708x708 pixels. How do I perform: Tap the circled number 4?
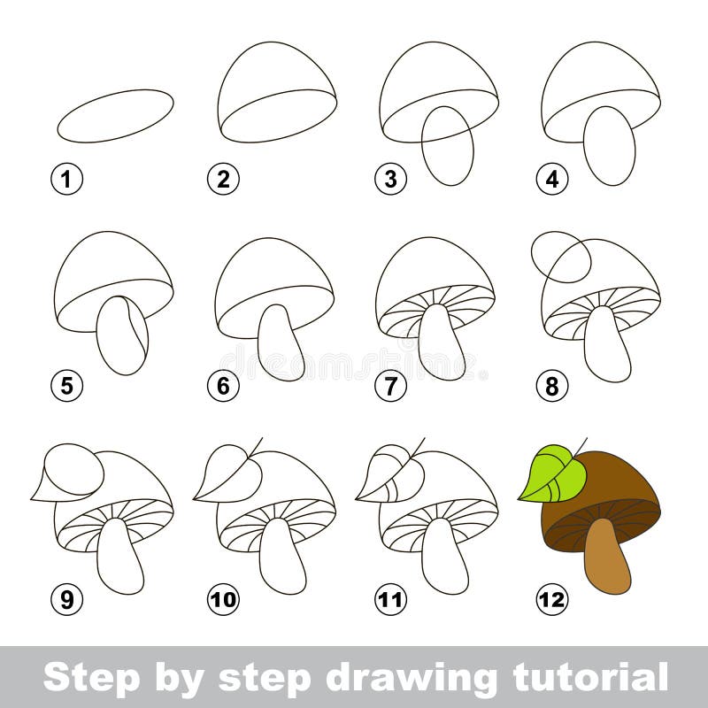(x=551, y=180)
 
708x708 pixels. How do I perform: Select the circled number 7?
(x=389, y=386)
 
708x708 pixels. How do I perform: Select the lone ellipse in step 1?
(x=115, y=115)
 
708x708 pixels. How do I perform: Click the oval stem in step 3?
(x=447, y=146)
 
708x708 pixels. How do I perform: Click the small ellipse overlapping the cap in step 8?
(x=560, y=257)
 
